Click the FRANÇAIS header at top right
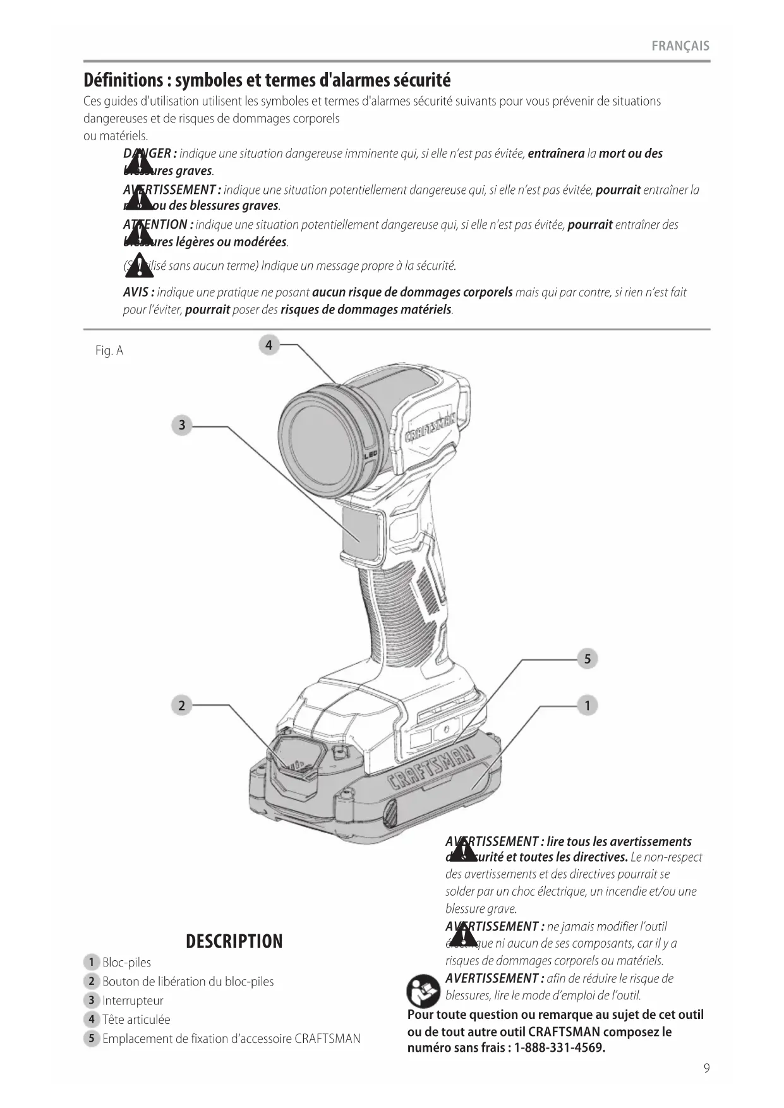(680, 46)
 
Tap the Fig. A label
(109, 351)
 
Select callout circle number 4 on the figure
(269, 345)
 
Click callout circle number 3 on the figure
(182, 425)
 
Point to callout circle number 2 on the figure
(182, 705)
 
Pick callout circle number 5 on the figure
(587, 659)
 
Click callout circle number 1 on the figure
(587, 705)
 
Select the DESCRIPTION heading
(234, 941)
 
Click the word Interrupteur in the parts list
(133, 1001)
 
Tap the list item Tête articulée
(136, 1020)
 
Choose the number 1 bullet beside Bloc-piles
(92, 962)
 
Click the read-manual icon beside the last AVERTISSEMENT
(423, 991)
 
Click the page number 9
(706, 1068)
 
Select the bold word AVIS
(136, 292)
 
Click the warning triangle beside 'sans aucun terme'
(139, 265)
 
